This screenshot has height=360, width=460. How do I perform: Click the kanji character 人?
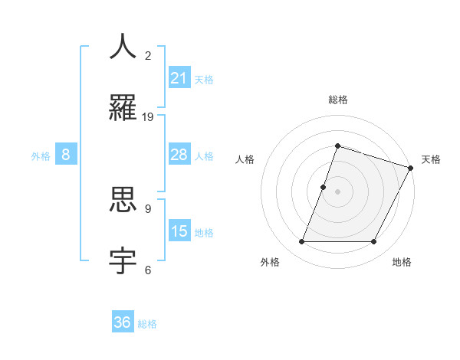(123, 47)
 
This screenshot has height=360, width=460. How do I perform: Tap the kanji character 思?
(123, 200)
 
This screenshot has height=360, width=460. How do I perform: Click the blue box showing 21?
(179, 77)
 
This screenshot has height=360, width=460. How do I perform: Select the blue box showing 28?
(179, 155)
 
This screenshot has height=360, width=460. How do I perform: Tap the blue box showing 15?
(179, 231)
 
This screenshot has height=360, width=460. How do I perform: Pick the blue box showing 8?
(66, 155)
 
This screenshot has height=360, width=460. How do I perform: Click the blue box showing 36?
(123, 322)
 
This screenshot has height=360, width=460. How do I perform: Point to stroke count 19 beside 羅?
(148, 117)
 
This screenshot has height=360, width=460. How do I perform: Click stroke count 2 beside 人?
(148, 56)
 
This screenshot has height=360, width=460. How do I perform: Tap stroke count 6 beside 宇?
(148, 270)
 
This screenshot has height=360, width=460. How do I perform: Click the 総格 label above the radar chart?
(337, 100)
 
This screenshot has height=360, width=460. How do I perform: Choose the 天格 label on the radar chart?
(431, 159)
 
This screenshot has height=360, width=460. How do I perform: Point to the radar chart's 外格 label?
(269, 262)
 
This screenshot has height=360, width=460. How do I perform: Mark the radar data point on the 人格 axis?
(324, 187)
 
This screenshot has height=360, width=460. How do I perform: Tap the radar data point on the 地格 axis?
(373, 242)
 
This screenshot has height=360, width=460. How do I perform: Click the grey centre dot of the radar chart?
(337, 191)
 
